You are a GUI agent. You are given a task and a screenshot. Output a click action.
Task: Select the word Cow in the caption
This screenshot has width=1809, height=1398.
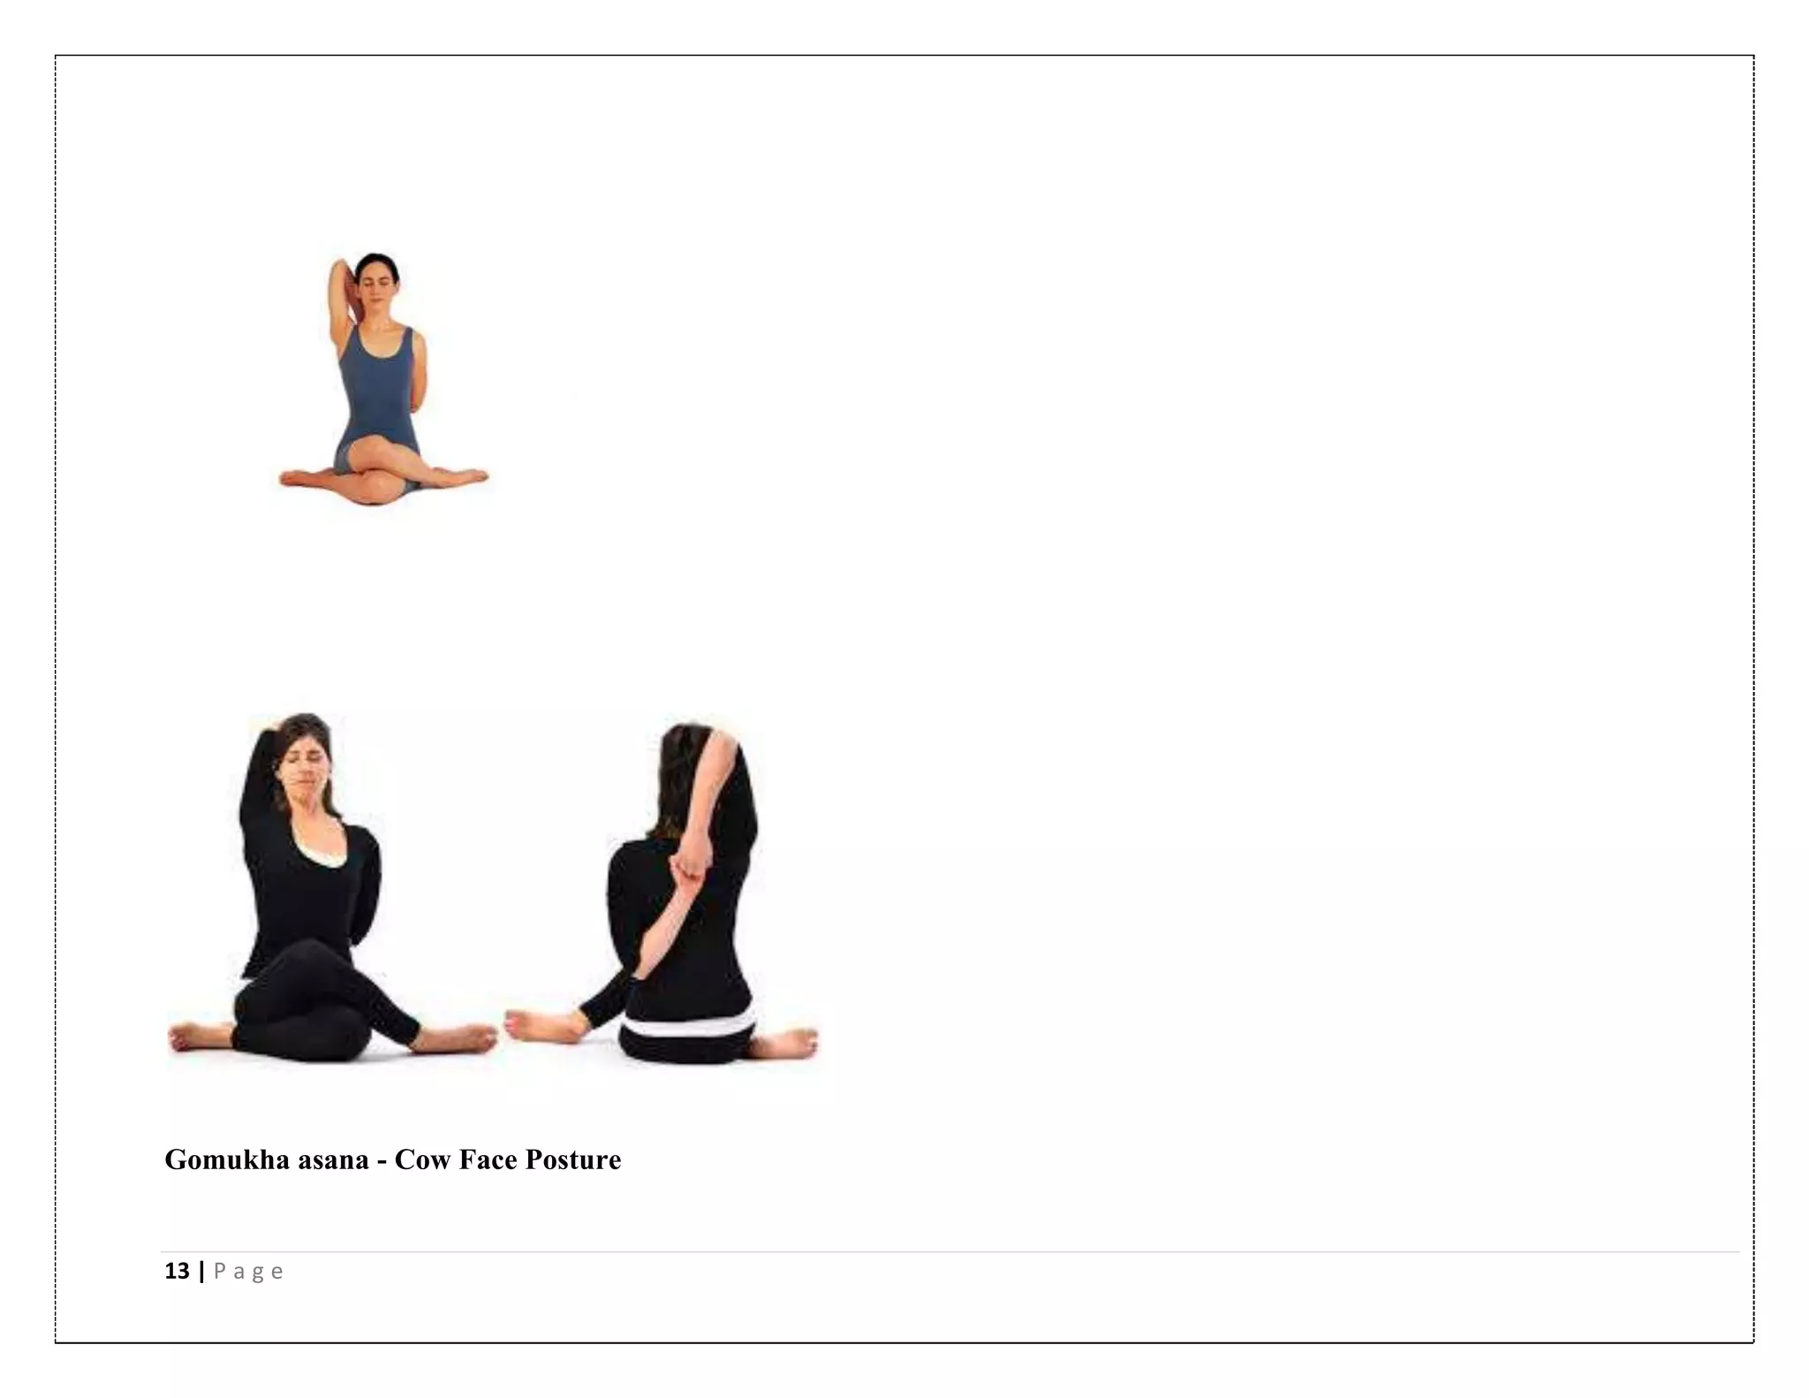coord(422,1159)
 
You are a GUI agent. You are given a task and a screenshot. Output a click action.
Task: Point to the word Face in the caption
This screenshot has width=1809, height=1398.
coord(488,1159)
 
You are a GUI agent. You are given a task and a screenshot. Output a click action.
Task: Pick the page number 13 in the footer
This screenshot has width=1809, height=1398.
coord(177,1271)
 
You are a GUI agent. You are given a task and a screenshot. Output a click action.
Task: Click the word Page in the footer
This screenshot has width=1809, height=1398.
coord(248,1272)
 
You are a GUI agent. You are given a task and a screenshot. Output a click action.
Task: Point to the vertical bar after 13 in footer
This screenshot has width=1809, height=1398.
coord(202,1271)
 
